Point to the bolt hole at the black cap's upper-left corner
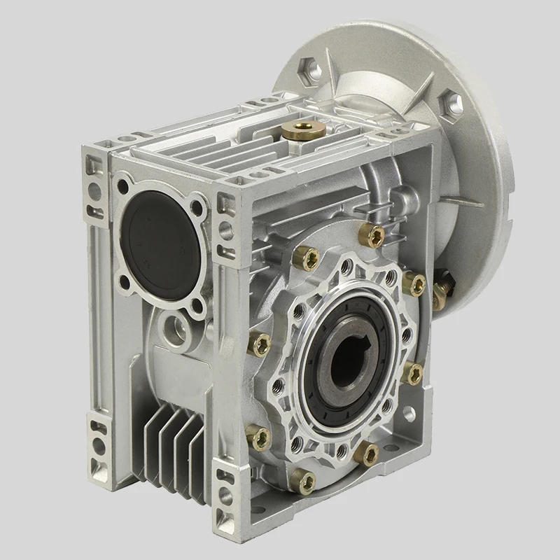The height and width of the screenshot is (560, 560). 123,188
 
